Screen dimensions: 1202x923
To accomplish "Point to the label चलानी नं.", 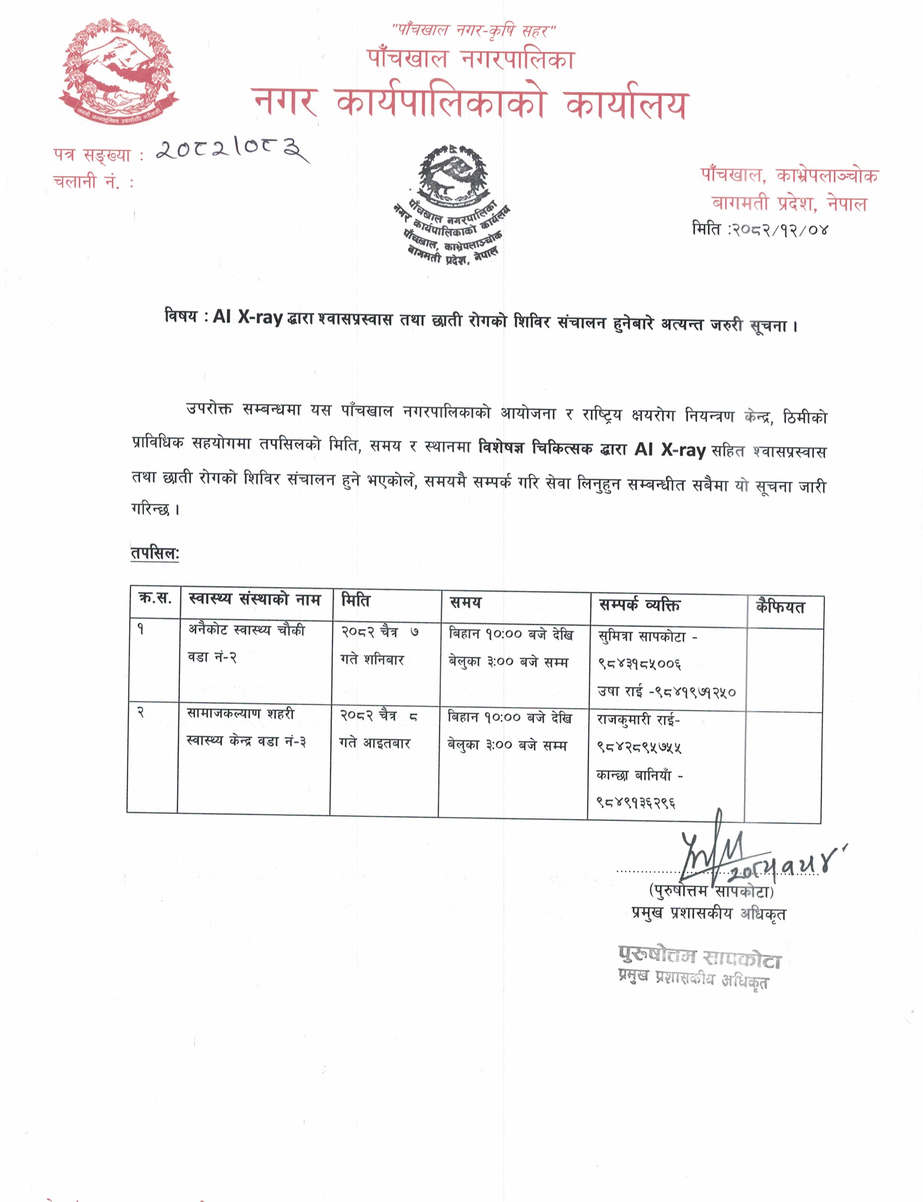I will (93, 181).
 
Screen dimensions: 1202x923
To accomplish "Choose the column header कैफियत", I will (780, 607).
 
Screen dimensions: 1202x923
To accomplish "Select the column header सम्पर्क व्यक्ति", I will (640, 605).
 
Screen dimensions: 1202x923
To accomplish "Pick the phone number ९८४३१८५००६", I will (640, 664).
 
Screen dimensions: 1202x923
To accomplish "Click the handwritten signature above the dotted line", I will (714, 851).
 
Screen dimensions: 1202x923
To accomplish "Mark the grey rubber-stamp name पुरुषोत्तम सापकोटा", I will (699, 957).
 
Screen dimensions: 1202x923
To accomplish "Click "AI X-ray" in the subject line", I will (248, 318).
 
